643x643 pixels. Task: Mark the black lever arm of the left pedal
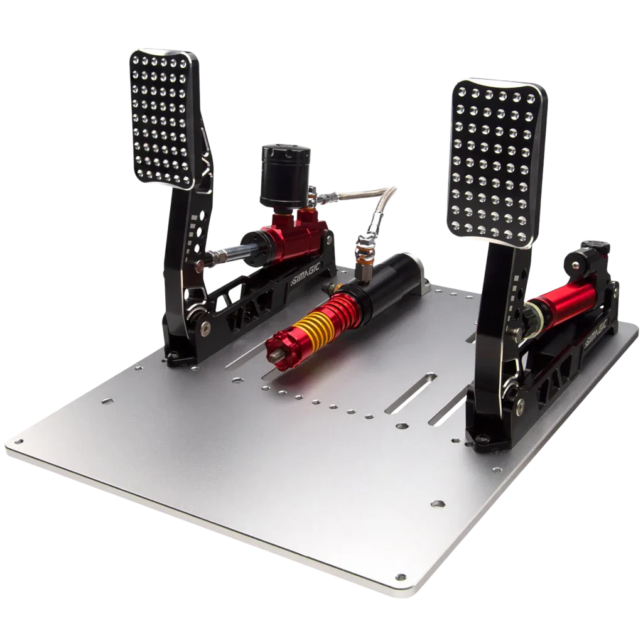tap(188, 251)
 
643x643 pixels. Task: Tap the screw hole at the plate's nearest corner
tap(397, 576)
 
